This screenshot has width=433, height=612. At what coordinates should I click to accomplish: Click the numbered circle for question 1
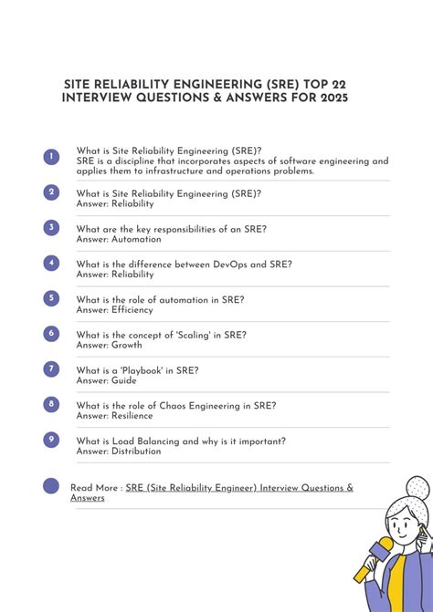click(x=51, y=157)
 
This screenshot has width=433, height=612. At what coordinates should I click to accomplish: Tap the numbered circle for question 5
click(x=51, y=298)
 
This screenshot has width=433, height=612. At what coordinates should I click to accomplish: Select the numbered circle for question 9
click(x=51, y=440)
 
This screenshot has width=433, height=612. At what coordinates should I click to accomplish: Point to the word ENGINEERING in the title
click(x=202, y=83)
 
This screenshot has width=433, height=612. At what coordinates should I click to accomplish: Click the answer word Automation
click(x=136, y=239)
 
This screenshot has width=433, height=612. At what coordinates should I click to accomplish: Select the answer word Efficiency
click(x=132, y=310)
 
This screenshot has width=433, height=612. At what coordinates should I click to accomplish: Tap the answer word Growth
click(x=127, y=345)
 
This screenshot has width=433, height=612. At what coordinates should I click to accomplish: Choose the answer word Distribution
click(x=136, y=451)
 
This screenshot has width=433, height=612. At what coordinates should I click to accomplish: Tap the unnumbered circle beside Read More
click(x=51, y=485)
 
